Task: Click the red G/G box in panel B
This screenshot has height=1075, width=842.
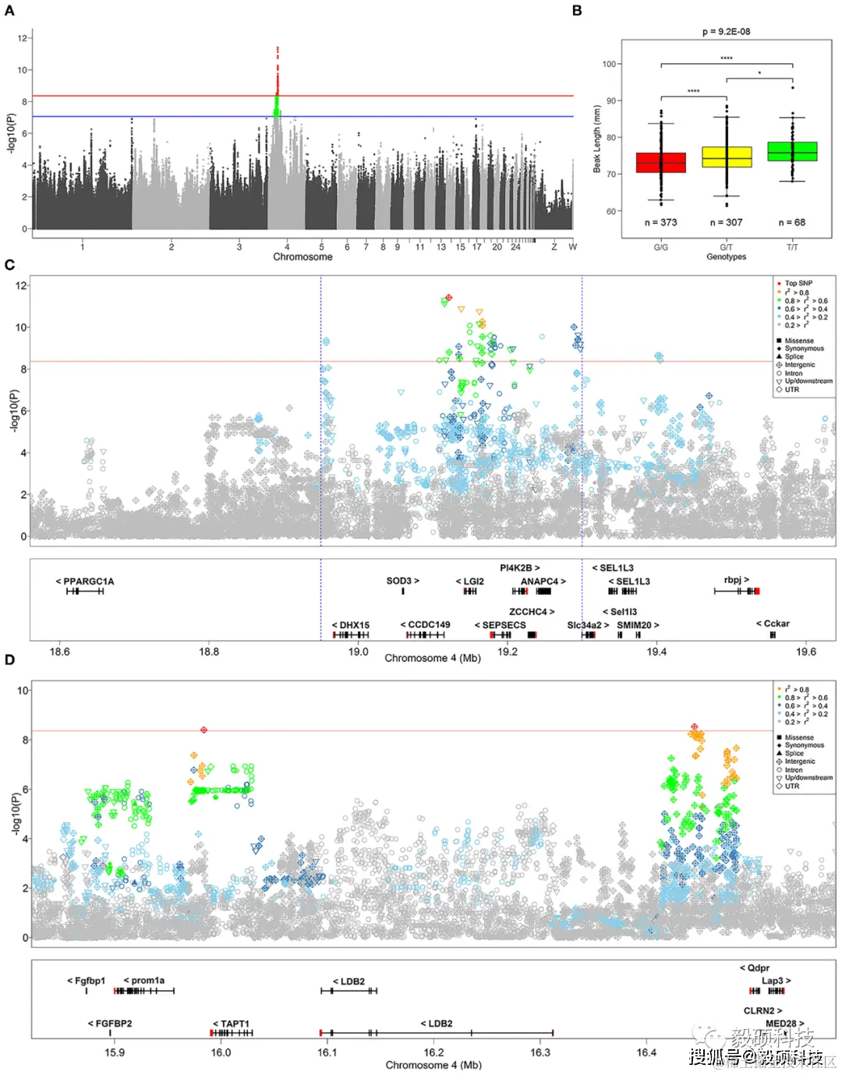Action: click(x=661, y=162)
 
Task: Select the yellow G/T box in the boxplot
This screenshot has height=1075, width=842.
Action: click(x=727, y=157)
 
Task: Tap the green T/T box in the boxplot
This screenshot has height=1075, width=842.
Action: click(x=792, y=151)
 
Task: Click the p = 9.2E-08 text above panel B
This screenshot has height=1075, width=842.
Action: click(x=726, y=32)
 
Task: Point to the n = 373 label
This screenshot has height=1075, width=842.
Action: click(x=660, y=222)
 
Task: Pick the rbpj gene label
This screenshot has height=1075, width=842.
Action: click(x=736, y=580)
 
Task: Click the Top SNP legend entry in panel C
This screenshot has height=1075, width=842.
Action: click(x=798, y=284)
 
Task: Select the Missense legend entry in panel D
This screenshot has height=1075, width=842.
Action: click(x=798, y=737)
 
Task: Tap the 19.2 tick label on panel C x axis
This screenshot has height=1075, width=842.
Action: click(x=508, y=652)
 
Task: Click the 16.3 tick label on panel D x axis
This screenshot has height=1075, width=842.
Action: click(x=540, y=1052)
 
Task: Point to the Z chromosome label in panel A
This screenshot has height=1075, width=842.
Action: click(x=554, y=247)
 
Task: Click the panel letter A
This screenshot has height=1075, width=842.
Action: click(x=10, y=11)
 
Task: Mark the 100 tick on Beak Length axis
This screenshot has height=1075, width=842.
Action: click(x=609, y=64)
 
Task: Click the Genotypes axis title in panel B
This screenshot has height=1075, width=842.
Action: click(x=726, y=256)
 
